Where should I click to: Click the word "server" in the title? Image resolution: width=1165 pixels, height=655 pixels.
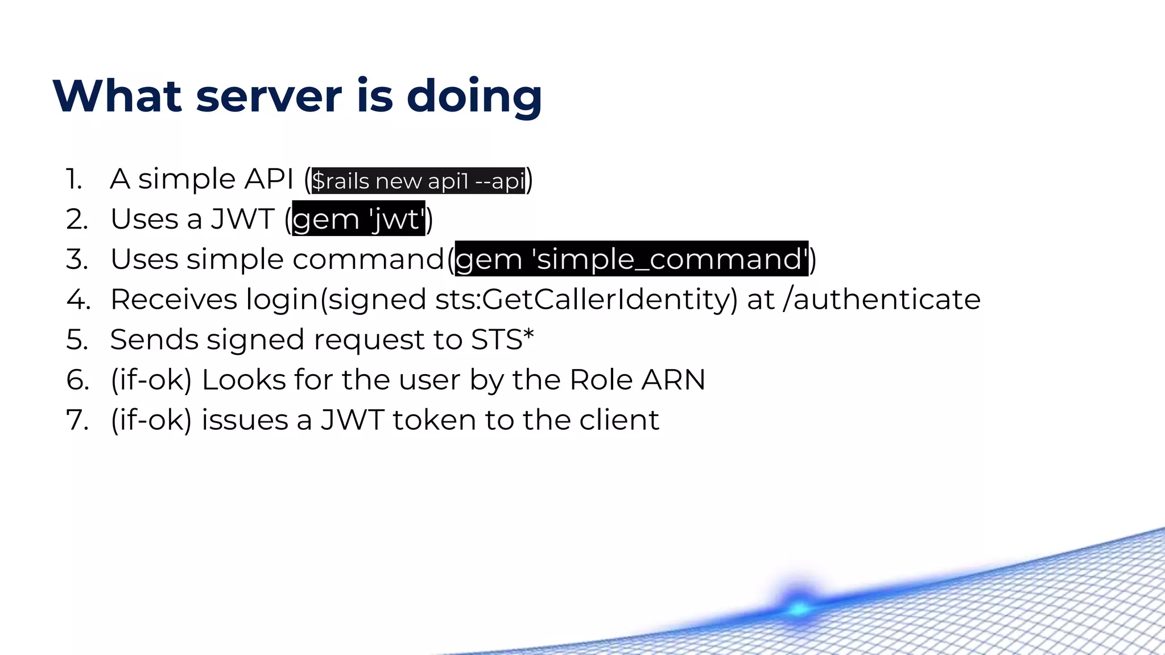pos(268,96)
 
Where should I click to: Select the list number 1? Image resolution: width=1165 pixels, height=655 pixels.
pos(74,179)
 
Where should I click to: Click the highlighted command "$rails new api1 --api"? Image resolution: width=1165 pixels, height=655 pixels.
pos(418,181)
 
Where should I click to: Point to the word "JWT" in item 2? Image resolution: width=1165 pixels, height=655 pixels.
pos(243,219)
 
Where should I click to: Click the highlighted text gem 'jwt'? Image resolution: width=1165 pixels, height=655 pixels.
pos(358,219)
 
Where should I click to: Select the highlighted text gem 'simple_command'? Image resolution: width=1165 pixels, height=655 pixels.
pos(631,259)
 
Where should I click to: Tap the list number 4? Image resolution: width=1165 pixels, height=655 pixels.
pos(78,300)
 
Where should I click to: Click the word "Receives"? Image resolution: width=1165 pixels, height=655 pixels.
pos(173,300)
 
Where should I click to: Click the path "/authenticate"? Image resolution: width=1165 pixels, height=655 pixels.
pos(881,300)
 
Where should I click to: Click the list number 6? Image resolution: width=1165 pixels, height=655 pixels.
pos(78,380)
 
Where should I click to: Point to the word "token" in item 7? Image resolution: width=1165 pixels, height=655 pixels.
pos(434,420)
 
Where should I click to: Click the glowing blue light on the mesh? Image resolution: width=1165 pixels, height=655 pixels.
pos(799,607)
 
